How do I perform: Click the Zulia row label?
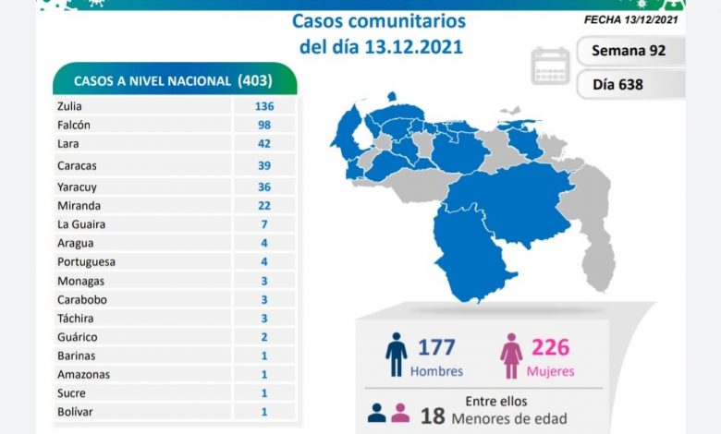tap(70, 106)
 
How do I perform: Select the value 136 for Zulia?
tap(264, 106)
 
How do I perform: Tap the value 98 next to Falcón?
tap(264, 125)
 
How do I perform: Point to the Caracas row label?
tap(76, 165)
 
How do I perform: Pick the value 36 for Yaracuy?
tap(264, 187)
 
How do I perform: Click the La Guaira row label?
tap(80, 224)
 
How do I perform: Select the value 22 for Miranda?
tap(264, 206)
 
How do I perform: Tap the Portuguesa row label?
tap(84, 261)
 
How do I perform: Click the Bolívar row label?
tap(74, 411)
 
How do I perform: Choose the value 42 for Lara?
tap(264, 144)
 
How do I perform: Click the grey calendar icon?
tap(551, 66)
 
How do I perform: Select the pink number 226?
tap(551, 347)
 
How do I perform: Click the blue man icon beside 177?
tap(397, 355)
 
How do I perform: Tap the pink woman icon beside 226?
tap(510, 355)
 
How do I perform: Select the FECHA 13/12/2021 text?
tap(634, 18)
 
